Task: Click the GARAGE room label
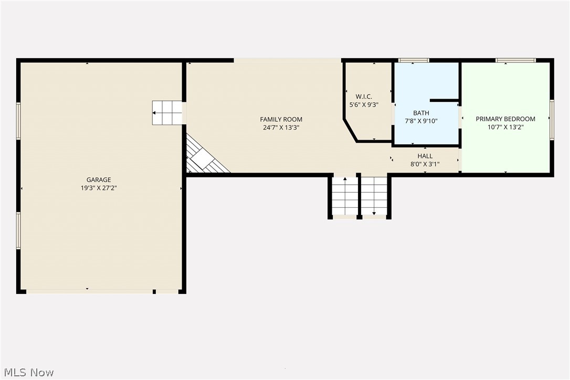click(99, 180)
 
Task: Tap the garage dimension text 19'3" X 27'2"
click(99, 188)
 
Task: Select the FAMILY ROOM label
click(281, 119)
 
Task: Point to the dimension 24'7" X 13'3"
click(281, 128)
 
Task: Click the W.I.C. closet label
click(364, 97)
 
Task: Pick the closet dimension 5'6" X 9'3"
click(364, 105)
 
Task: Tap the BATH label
click(421, 113)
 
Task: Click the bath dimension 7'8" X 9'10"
click(421, 121)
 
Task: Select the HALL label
click(425, 156)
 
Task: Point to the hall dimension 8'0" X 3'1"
click(425, 164)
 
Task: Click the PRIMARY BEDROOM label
click(505, 119)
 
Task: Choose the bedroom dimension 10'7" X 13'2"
click(505, 127)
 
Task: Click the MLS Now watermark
click(29, 372)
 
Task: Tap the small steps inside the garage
click(167, 113)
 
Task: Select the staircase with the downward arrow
click(374, 196)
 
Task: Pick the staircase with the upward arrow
click(345, 196)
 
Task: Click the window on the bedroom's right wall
click(552, 120)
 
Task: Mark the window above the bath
click(413, 60)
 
